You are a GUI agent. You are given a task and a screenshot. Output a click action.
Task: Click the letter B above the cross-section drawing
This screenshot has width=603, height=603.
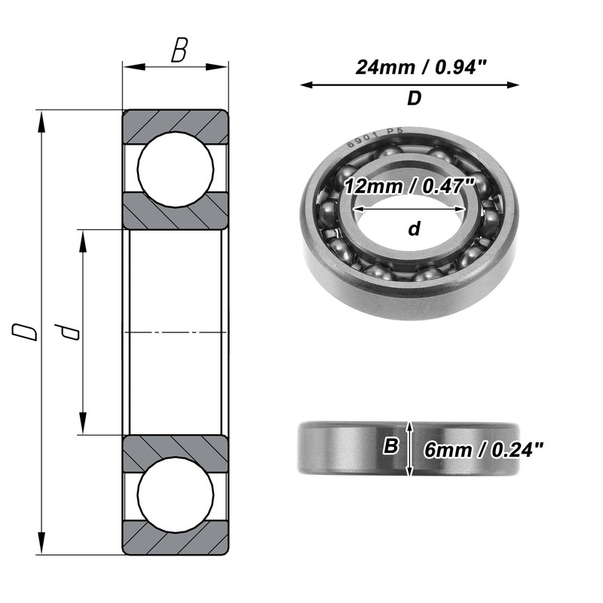pyautogui.click(x=179, y=50)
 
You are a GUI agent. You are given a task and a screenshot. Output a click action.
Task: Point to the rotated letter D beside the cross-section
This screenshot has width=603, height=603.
pyautogui.click(x=25, y=332)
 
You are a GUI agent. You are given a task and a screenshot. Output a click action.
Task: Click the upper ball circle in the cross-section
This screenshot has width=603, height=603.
pyautogui.click(x=176, y=170)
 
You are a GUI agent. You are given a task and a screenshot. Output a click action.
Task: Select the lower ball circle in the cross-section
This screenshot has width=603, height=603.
pyautogui.click(x=176, y=494)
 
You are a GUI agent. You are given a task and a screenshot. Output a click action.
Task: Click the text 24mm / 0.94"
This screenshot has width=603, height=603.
pyautogui.click(x=421, y=67)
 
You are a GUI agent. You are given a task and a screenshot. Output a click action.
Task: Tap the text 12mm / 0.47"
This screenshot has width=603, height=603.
pyautogui.click(x=409, y=186)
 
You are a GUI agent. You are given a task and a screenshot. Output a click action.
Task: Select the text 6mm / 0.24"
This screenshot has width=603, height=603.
pyautogui.click(x=483, y=449)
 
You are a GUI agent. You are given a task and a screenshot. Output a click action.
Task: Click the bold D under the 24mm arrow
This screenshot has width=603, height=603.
pyautogui.click(x=414, y=99)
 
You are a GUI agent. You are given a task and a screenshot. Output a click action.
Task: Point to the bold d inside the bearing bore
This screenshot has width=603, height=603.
pyautogui.click(x=414, y=228)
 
